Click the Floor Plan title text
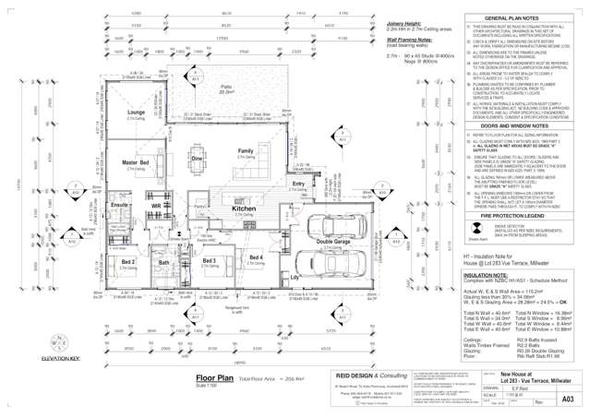pyautogui.click(x=213, y=351)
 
